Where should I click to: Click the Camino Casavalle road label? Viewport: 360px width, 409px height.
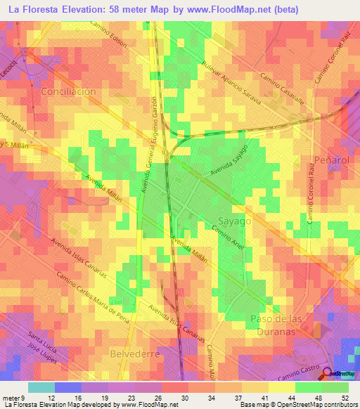coord(281,89)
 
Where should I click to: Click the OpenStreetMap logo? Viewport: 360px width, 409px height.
coord(338,373)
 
